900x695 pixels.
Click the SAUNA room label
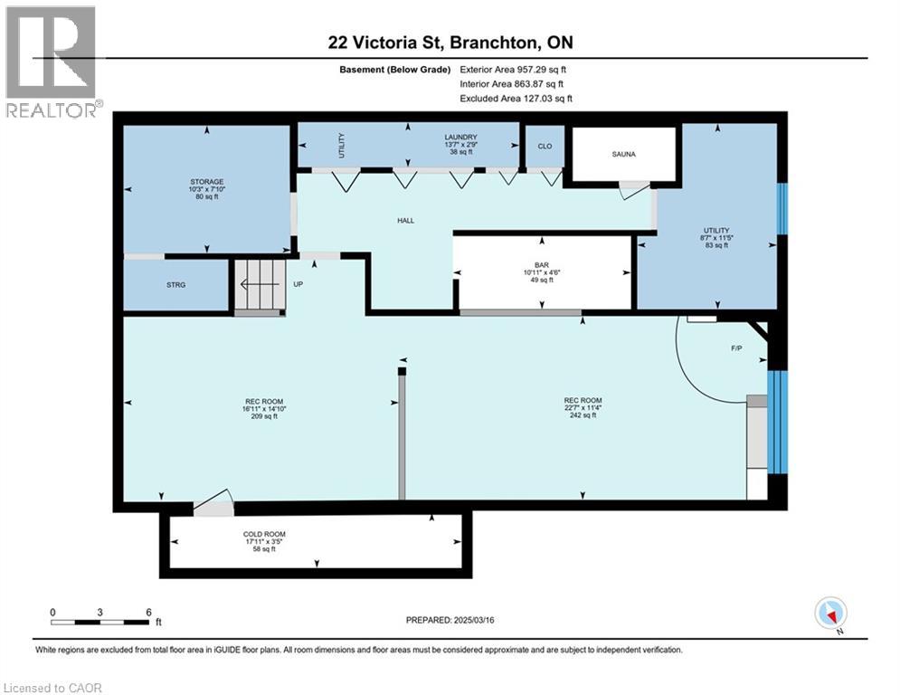click(x=622, y=154)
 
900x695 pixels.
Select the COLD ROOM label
click(x=264, y=534)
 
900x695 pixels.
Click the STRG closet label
click(x=176, y=285)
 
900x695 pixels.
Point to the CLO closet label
click(x=545, y=146)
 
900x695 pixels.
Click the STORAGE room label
click(x=207, y=182)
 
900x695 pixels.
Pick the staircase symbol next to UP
click(x=260, y=285)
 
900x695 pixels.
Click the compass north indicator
click(x=830, y=614)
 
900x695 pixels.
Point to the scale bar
click(x=99, y=622)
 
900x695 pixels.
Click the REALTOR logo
click(x=52, y=62)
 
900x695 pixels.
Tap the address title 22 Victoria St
click(x=450, y=43)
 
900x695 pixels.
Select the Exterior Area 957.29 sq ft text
click(x=513, y=69)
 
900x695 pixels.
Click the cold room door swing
click(x=214, y=503)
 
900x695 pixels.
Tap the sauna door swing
click(x=633, y=189)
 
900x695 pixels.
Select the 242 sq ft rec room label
click(x=583, y=415)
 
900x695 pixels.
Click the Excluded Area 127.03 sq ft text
click(x=516, y=99)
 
